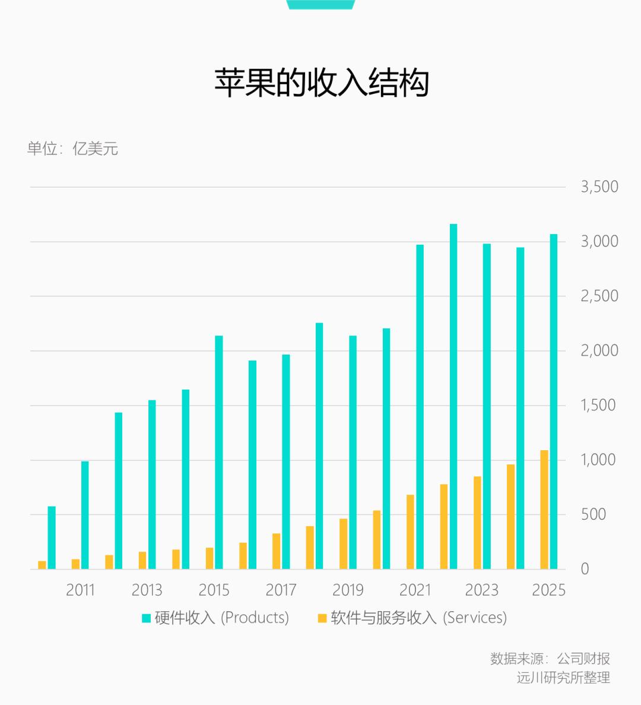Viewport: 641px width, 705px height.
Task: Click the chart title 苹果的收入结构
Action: click(321, 83)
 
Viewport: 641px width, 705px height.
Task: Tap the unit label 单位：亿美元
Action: click(72, 148)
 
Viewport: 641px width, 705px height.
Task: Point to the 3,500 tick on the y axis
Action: click(599, 187)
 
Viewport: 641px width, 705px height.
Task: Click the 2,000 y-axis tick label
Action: click(599, 351)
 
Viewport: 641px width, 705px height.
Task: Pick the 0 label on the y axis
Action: click(585, 569)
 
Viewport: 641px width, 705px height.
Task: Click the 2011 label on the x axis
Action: click(80, 590)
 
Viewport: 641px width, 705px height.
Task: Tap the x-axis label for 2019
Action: click(348, 590)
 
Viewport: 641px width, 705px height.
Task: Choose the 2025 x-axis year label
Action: click(548, 590)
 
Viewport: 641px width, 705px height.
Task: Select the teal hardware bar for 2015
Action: click(219, 452)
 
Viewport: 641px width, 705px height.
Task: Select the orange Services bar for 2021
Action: click(410, 532)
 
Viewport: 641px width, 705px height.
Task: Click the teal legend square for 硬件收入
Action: click(147, 618)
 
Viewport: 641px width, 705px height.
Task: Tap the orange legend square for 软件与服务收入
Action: click(322, 618)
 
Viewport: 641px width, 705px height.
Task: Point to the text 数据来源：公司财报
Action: click(550, 659)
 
